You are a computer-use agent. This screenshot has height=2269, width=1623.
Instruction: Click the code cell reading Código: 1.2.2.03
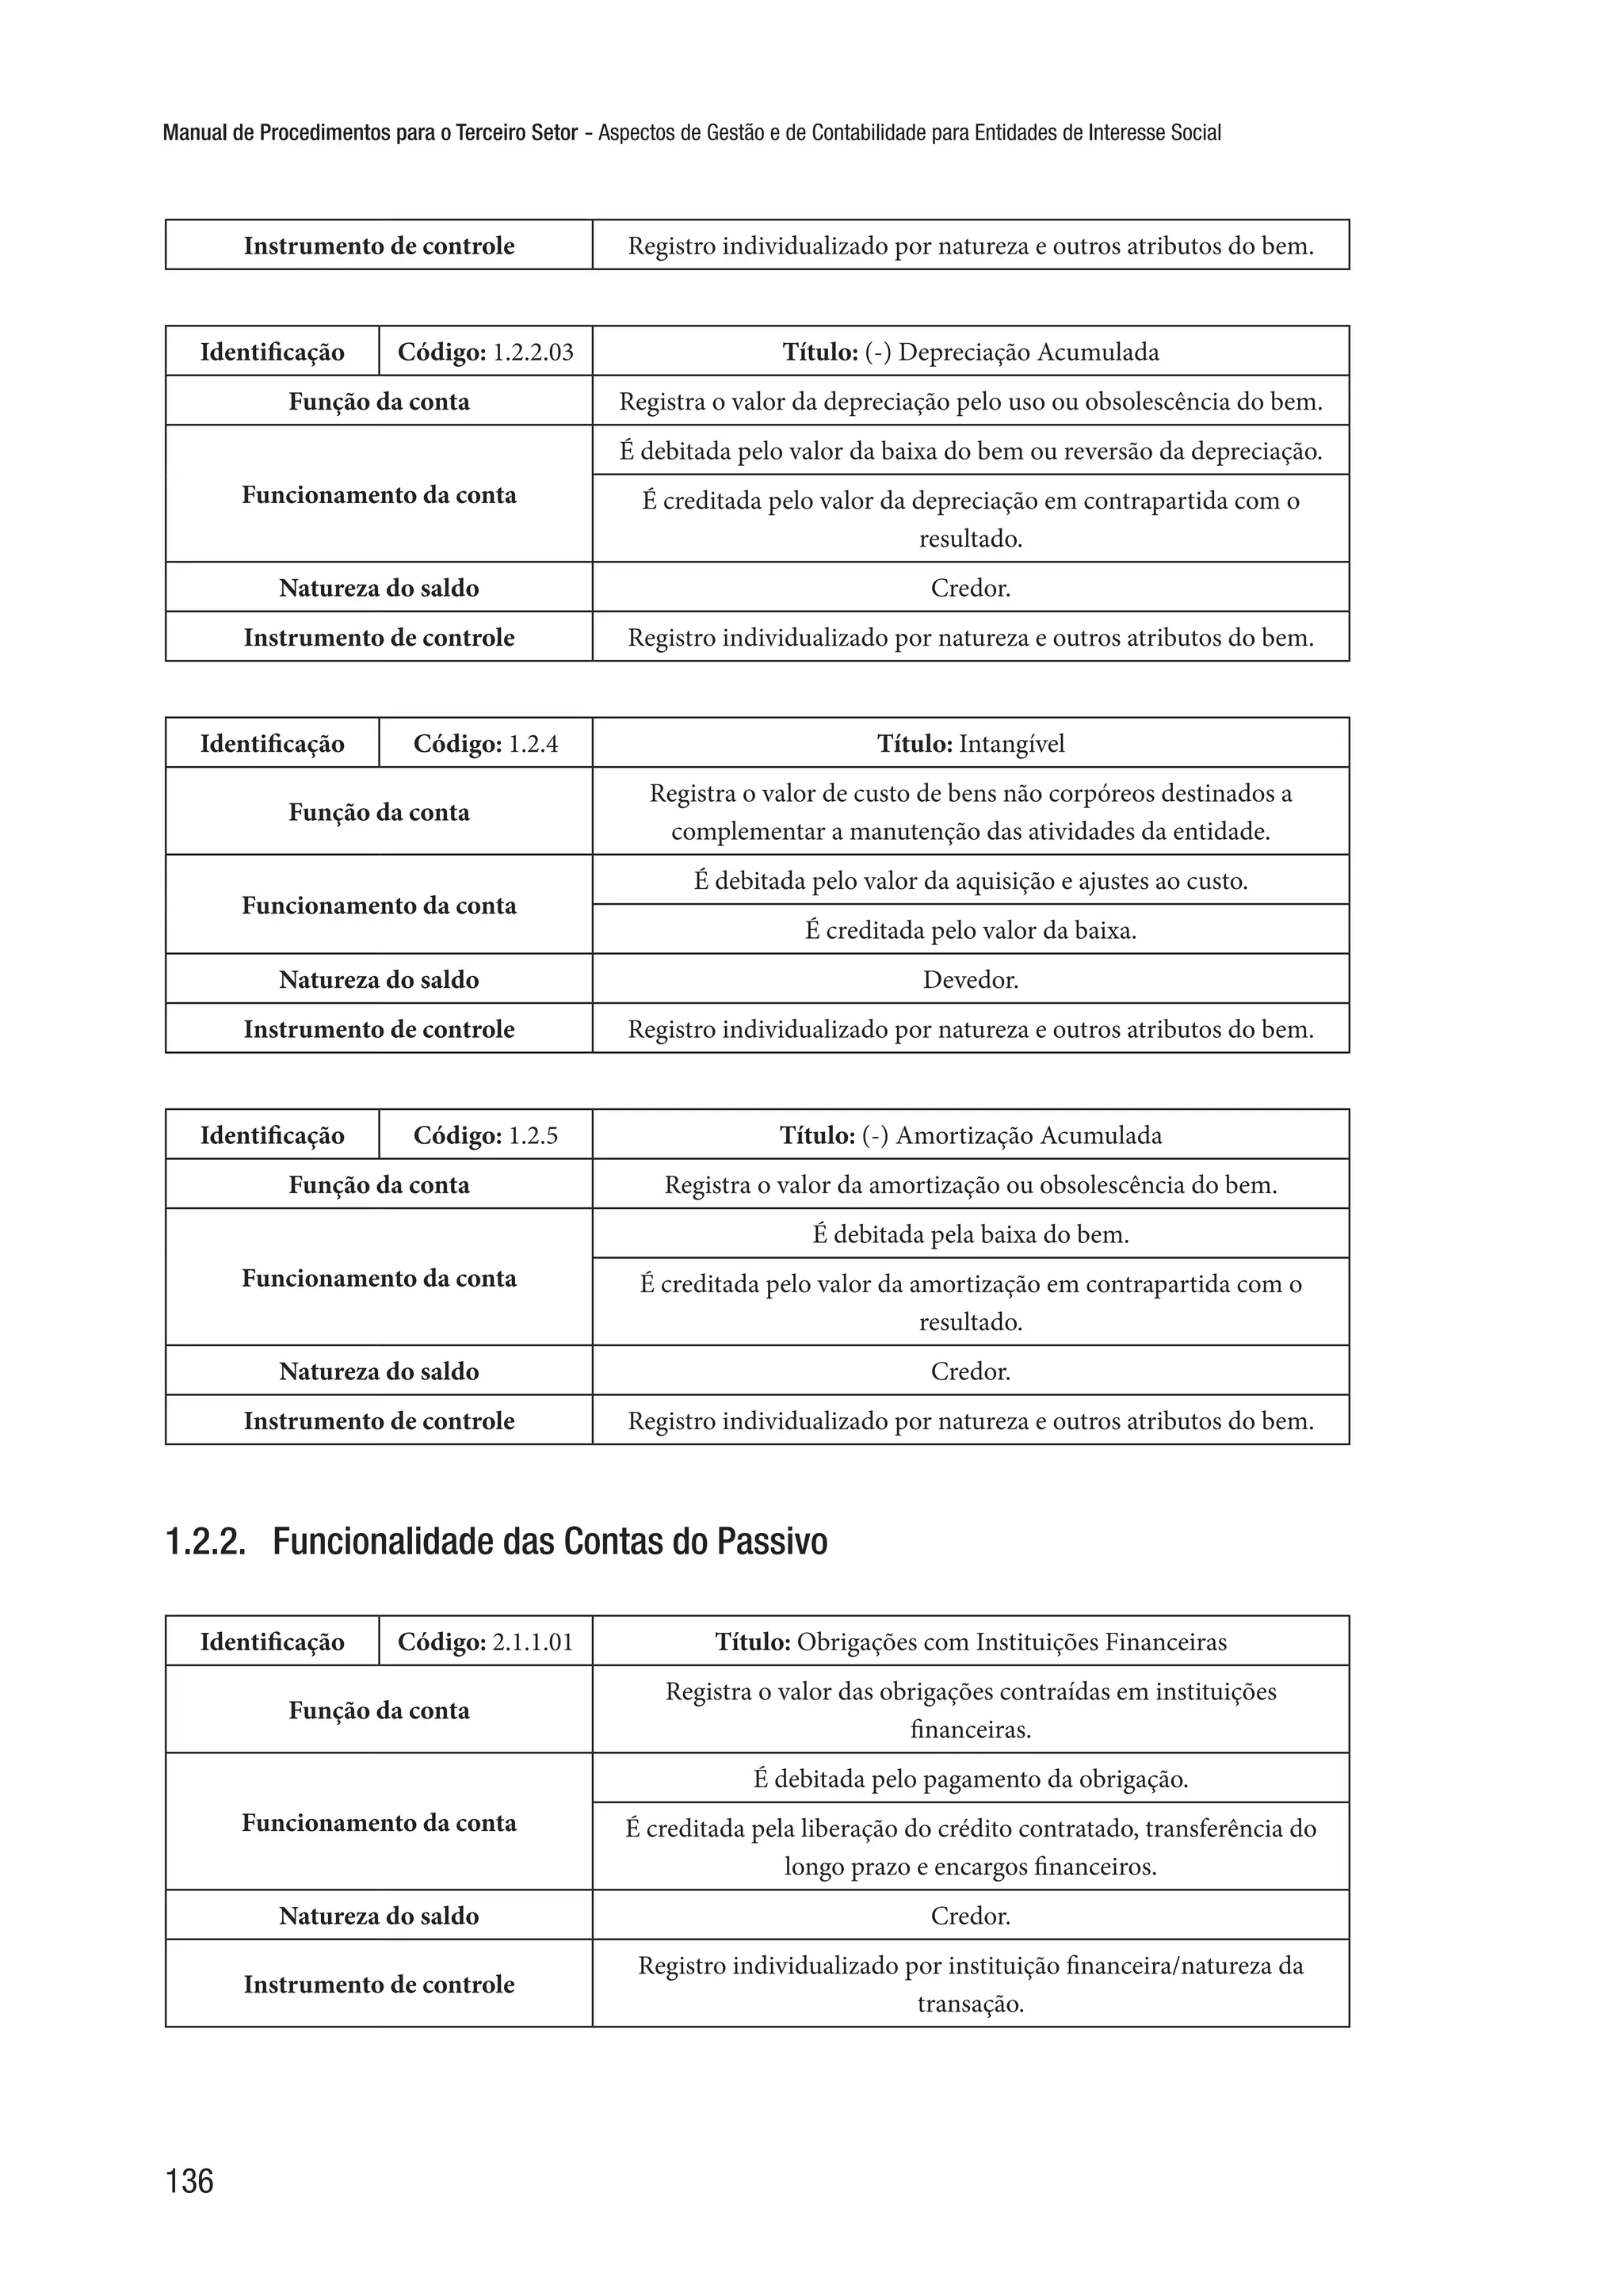(x=486, y=352)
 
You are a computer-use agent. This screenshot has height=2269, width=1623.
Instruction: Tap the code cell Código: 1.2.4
(x=486, y=743)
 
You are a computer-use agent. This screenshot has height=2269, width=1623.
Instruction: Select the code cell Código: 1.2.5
(x=486, y=1135)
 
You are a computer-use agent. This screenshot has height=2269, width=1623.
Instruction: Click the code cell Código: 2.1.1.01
(x=486, y=1642)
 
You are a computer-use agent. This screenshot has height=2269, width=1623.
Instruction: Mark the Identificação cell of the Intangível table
(x=272, y=743)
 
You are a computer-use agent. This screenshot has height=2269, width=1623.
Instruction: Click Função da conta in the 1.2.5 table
(x=379, y=1185)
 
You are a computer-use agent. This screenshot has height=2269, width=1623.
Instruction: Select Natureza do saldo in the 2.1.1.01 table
(x=379, y=1916)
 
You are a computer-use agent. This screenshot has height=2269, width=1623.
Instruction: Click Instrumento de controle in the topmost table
(x=379, y=246)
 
